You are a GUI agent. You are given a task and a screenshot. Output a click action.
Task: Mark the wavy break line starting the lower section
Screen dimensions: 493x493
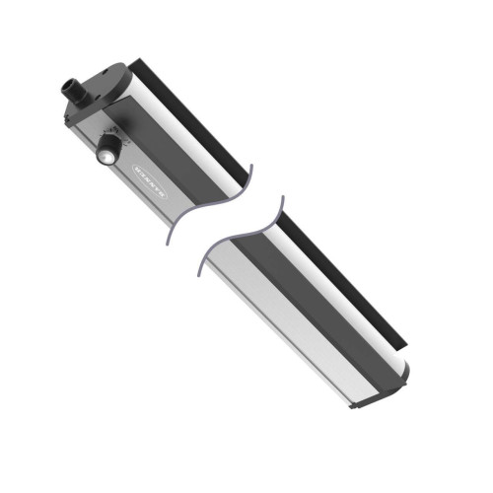coord(237,237)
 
